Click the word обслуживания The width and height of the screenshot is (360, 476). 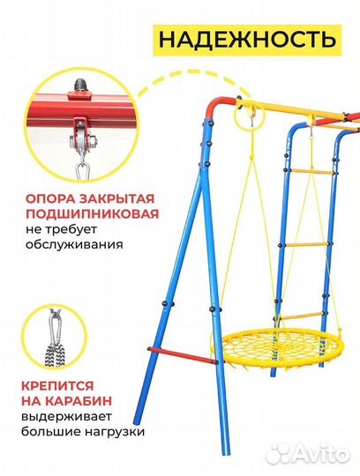(x=74, y=248)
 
